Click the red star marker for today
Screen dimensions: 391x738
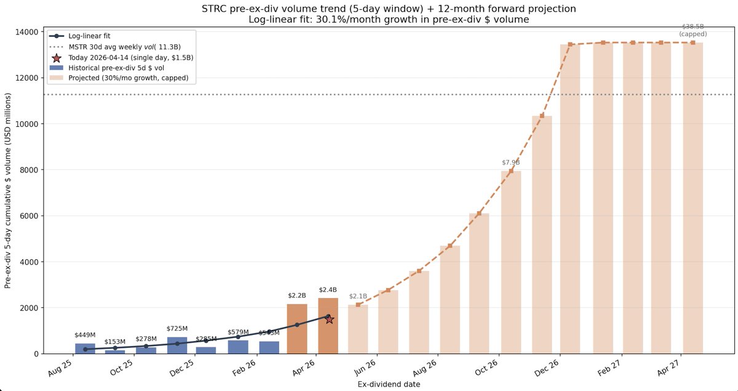point(330,319)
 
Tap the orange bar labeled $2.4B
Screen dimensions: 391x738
point(328,326)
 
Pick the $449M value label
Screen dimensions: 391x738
point(85,335)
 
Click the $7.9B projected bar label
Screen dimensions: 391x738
point(510,163)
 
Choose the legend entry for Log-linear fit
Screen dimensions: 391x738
point(89,36)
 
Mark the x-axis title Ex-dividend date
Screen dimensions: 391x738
point(389,384)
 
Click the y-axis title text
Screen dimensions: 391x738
point(8,191)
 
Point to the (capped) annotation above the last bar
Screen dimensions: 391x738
point(692,34)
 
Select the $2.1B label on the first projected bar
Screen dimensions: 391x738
point(358,296)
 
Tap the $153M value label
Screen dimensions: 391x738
point(115,342)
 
